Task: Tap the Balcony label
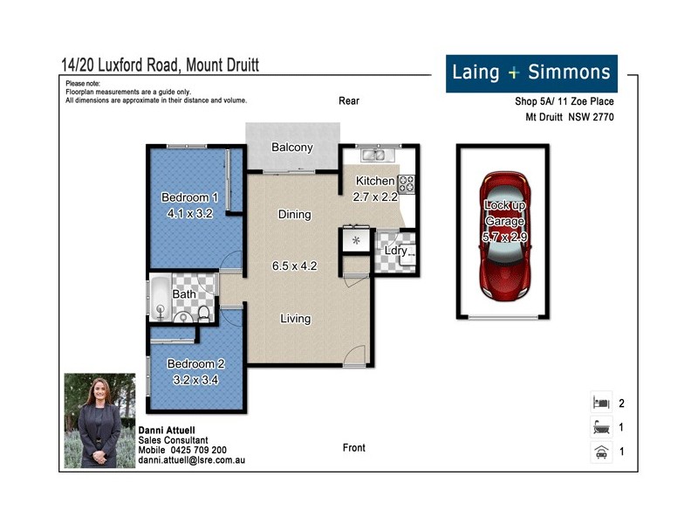click(291, 148)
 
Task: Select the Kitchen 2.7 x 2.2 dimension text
click(375, 196)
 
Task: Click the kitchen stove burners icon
click(406, 184)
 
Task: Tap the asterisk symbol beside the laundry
click(356, 240)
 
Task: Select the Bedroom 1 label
click(190, 197)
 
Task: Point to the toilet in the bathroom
click(203, 312)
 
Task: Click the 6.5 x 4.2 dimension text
click(295, 265)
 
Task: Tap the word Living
click(295, 319)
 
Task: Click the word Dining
click(295, 215)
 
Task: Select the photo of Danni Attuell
click(99, 421)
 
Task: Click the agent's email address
click(192, 459)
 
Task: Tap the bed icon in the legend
click(600, 403)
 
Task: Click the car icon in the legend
click(600, 452)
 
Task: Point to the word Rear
click(349, 101)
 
